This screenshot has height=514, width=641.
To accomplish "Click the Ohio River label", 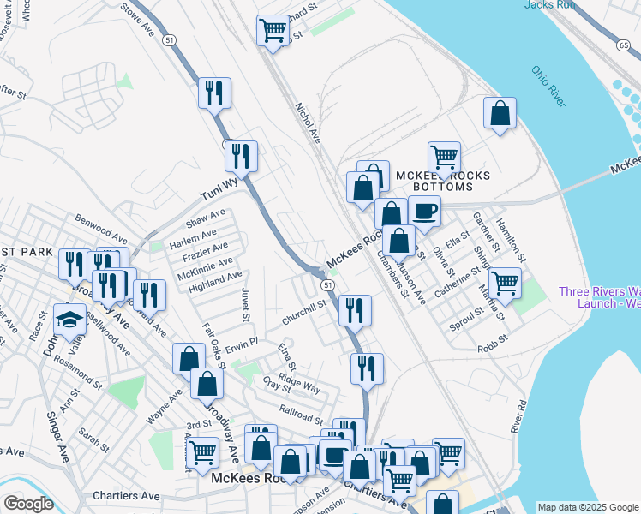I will click(x=548, y=87).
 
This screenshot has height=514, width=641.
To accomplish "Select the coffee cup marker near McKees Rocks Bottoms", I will click(x=424, y=210).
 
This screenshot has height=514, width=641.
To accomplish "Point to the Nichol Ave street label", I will click(x=307, y=123).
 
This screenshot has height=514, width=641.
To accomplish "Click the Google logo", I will click(x=28, y=504).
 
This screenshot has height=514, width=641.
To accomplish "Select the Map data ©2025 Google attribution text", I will click(x=587, y=507).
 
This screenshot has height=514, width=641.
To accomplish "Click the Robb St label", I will click(x=494, y=338).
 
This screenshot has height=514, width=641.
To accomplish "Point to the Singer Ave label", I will click(x=59, y=438).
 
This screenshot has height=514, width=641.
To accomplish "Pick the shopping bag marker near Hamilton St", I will click(x=500, y=112).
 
